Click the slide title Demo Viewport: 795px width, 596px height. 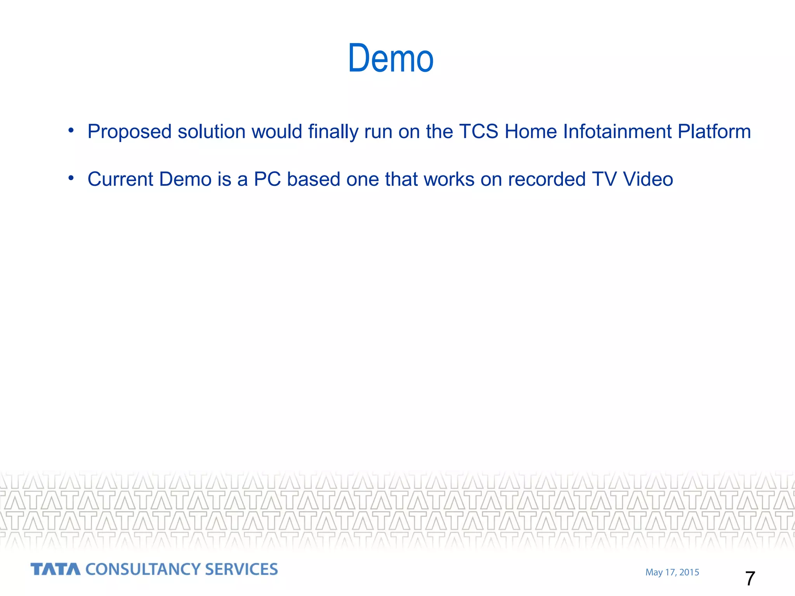[x=391, y=59]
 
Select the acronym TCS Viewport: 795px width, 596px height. [x=478, y=131]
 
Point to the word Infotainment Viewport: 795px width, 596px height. [x=617, y=131]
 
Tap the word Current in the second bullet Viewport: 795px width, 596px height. [x=120, y=179]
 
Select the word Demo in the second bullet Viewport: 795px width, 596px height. [x=185, y=179]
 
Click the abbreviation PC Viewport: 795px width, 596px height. [x=267, y=179]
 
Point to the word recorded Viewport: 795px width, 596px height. [x=547, y=179]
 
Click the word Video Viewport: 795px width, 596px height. [x=648, y=179]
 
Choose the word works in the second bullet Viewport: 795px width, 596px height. [x=449, y=179]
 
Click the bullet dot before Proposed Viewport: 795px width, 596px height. [x=71, y=130]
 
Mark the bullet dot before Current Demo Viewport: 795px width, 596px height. [x=71, y=178]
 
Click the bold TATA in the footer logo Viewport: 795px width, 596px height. [x=56, y=569]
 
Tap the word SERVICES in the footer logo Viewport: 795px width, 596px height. [x=241, y=569]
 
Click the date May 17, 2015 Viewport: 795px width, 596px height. [x=672, y=572]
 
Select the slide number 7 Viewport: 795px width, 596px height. [x=750, y=579]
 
